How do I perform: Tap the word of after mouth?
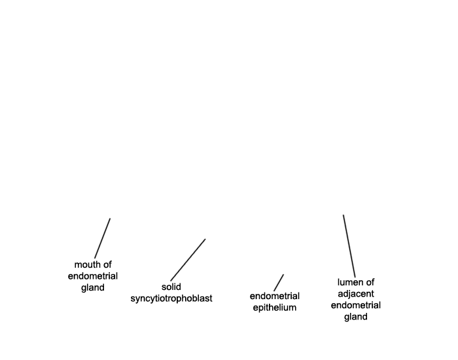click(107, 264)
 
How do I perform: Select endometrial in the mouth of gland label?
click(93, 276)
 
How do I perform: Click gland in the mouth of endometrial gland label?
click(93, 288)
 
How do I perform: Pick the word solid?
click(171, 287)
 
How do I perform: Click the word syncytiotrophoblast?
click(171, 298)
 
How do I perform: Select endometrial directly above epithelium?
click(275, 296)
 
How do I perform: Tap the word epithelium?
click(275, 308)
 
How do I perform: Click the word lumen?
click(349, 282)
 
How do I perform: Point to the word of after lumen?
click(370, 282)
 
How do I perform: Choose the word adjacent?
click(356, 294)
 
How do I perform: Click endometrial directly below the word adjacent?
click(356, 306)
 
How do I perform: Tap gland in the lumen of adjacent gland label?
click(356, 317)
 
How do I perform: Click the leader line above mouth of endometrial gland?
click(102, 238)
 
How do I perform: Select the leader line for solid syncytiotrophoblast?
click(188, 260)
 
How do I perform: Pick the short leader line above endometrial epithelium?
click(279, 283)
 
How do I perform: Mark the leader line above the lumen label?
click(349, 246)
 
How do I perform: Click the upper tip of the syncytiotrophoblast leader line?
click(205, 239)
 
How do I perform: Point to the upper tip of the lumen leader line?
click(343, 215)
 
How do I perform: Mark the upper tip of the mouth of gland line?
click(110, 218)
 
